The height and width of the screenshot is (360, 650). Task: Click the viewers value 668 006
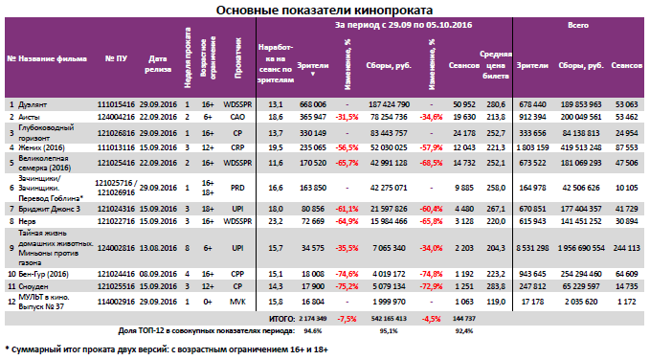click(314, 102)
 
